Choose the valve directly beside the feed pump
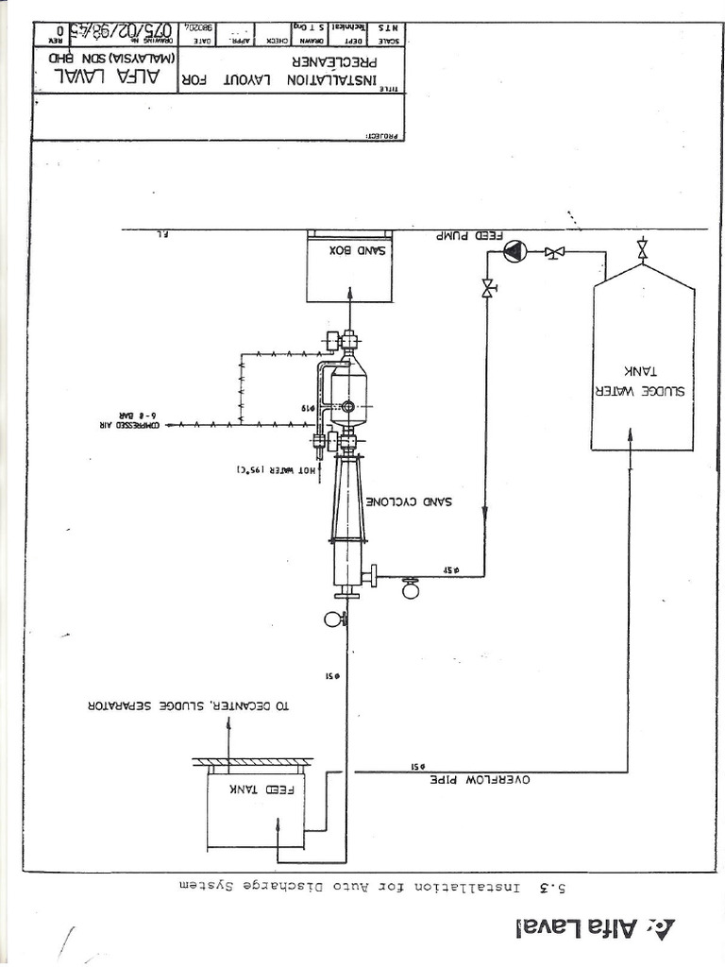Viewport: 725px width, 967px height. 554,252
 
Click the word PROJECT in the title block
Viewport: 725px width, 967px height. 384,135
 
